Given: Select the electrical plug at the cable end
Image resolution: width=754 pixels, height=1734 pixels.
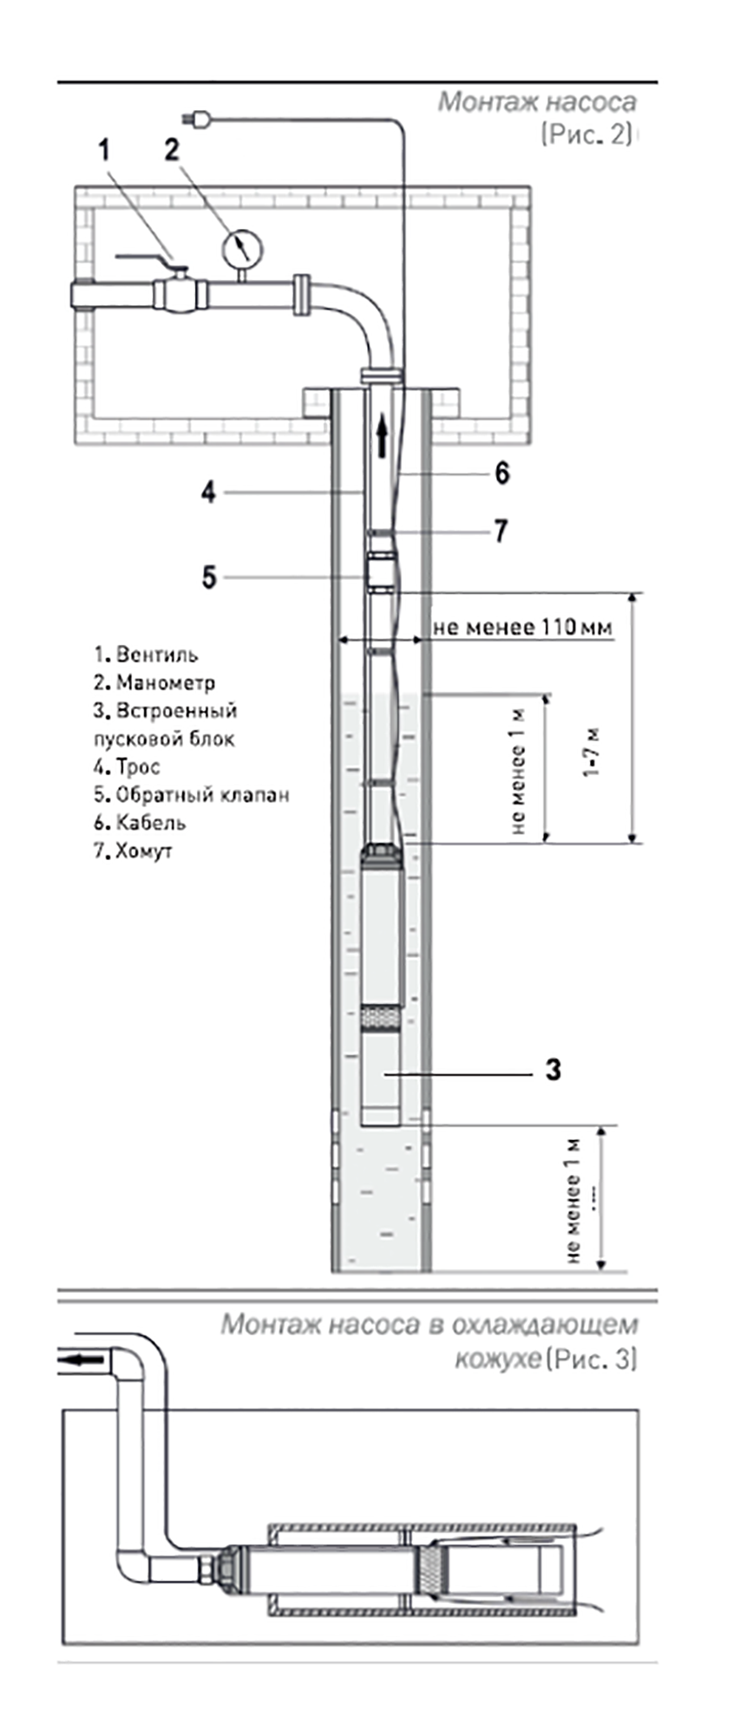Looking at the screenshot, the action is [x=196, y=120].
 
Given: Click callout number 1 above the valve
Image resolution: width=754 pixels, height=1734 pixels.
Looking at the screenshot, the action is [x=104, y=150].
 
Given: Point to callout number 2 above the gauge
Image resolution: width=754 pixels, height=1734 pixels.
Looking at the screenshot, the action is [x=172, y=149].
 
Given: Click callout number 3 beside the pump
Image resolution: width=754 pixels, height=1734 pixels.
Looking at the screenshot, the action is [x=553, y=1070].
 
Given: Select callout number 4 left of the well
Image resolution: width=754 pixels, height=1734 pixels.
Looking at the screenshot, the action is [x=208, y=492].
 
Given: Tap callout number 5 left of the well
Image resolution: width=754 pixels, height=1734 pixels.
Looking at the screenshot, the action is [x=208, y=577].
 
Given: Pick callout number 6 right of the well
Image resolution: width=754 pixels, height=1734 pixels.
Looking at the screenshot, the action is [x=502, y=473].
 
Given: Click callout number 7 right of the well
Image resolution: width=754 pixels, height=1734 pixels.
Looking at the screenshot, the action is [x=501, y=531].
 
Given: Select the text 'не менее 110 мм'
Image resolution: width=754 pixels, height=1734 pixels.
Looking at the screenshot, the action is [x=522, y=627].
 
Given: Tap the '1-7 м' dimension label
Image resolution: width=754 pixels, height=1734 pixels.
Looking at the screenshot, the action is [x=593, y=753].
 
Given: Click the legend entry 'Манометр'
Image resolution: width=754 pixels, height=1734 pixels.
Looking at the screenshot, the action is [x=165, y=683].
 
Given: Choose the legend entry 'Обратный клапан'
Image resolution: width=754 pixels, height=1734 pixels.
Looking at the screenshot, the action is [x=202, y=795].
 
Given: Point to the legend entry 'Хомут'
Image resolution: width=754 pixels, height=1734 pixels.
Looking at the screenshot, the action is [x=143, y=851].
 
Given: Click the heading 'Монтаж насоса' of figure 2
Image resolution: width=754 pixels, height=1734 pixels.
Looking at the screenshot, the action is [x=536, y=102].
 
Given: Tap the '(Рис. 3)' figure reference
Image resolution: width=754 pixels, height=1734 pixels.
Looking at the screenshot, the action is [x=591, y=1359].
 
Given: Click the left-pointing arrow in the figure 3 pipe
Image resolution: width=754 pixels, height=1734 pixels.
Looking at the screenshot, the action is [x=85, y=1359].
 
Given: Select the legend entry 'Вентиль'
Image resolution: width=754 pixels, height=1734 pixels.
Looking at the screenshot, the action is [x=156, y=655].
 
